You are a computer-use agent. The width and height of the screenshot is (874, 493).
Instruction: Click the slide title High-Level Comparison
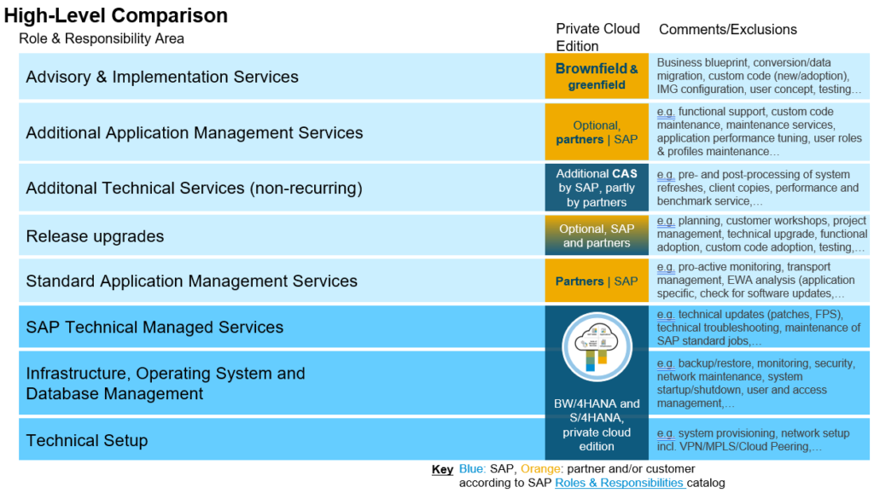tap(116, 15)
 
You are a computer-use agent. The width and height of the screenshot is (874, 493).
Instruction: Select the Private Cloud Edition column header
tap(597, 37)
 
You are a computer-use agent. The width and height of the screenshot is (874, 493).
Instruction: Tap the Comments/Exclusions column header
tap(727, 30)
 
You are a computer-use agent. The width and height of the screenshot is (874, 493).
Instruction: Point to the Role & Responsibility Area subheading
tap(102, 38)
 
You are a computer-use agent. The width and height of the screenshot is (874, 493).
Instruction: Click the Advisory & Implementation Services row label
tap(162, 77)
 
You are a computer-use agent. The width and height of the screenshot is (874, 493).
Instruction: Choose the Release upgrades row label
tap(95, 236)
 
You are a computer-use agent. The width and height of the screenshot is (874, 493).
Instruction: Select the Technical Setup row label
tap(87, 440)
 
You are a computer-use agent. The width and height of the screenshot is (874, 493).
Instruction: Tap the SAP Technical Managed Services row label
tap(154, 327)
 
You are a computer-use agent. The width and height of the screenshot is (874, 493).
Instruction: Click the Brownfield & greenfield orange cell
tap(597, 77)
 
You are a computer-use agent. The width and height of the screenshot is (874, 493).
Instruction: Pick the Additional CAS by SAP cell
tap(597, 188)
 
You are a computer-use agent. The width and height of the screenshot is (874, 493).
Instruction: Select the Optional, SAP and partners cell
tap(597, 235)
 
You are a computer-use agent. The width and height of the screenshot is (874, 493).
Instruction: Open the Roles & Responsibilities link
tap(620, 483)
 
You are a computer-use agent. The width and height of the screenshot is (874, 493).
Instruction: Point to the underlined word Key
tap(442, 469)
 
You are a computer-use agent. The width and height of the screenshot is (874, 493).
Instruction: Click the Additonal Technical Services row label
tap(194, 188)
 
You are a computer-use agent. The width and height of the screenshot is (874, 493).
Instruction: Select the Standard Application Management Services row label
tap(192, 281)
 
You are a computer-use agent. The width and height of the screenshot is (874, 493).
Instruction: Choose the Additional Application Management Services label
tap(195, 132)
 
